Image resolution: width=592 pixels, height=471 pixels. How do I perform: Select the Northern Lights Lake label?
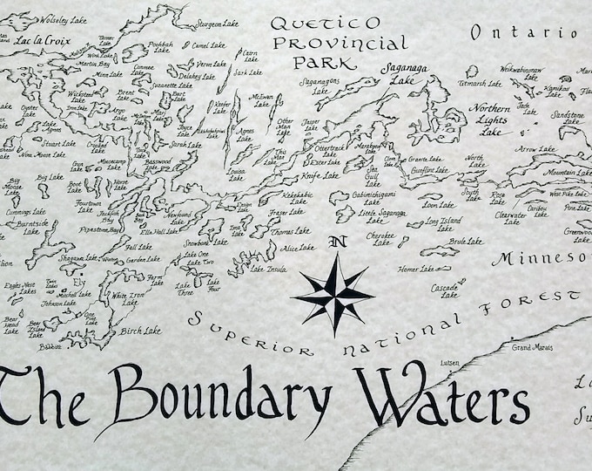[491, 118]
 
